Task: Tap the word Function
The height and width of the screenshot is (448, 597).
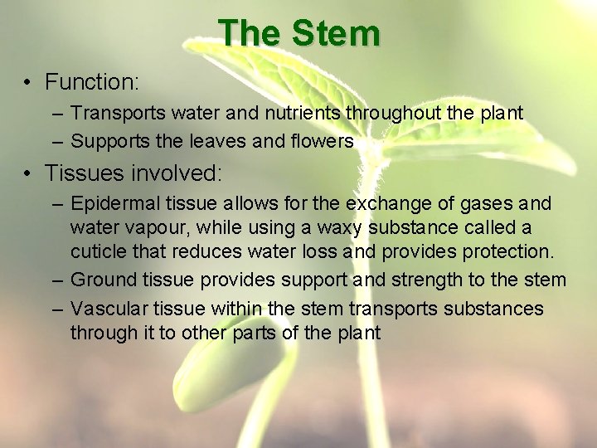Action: (90, 82)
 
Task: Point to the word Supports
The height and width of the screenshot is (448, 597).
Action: (105, 142)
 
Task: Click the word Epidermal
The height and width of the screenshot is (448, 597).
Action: (111, 204)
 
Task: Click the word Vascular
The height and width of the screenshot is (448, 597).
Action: (105, 309)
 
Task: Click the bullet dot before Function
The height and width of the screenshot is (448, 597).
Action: (27, 83)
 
